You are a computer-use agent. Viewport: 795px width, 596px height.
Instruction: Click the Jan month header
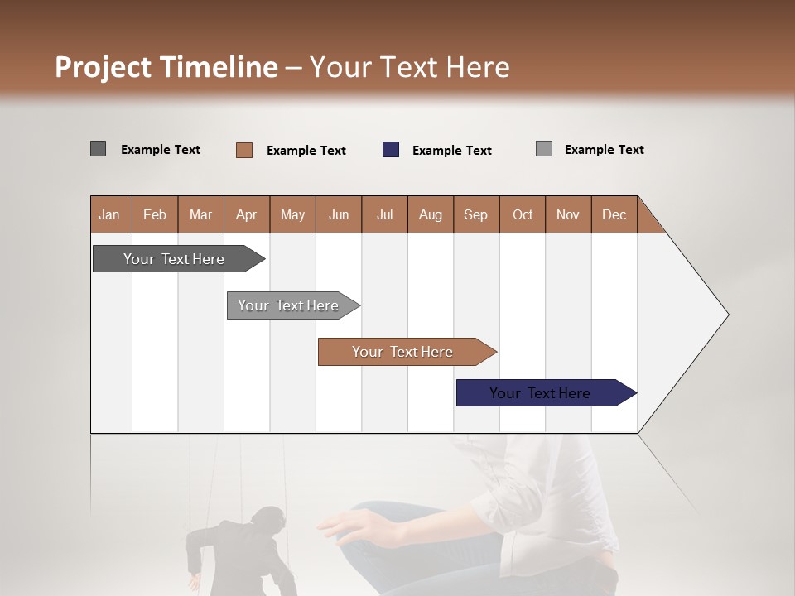(x=109, y=214)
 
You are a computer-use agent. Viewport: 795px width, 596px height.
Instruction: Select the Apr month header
(x=246, y=214)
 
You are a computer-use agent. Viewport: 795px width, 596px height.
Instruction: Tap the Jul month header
(x=384, y=214)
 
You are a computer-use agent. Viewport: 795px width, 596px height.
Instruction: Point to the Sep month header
(x=475, y=214)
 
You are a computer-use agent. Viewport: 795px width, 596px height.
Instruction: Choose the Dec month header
(x=614, y=214)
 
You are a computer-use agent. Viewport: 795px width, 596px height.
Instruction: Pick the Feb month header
(x=155, y=214)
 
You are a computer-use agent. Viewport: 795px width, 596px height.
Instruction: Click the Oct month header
(x=523, y=214)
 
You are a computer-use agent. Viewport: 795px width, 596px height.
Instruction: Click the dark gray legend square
(x=99, y=149)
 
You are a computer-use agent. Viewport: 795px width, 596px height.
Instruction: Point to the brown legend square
(x=244, y=150)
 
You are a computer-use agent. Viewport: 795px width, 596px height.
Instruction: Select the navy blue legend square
(x=391, y=150)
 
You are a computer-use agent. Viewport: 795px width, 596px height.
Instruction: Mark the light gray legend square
(x=544, y=149)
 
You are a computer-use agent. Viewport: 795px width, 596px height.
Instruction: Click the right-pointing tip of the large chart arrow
(x=725, y=315)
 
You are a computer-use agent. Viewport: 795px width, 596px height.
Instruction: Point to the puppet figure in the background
(x=240, y=555)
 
